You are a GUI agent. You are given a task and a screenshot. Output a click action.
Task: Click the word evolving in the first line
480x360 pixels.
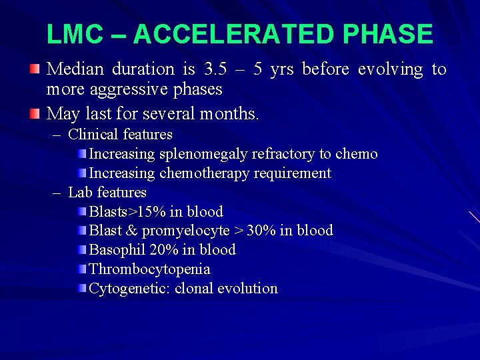coord(390,69)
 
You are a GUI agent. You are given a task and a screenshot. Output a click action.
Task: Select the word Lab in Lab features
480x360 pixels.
coord(80,193)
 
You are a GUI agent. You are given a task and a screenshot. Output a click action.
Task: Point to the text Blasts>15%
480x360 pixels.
coord(127,212)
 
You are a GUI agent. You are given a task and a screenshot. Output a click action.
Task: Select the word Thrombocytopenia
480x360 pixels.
coord(149,269)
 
